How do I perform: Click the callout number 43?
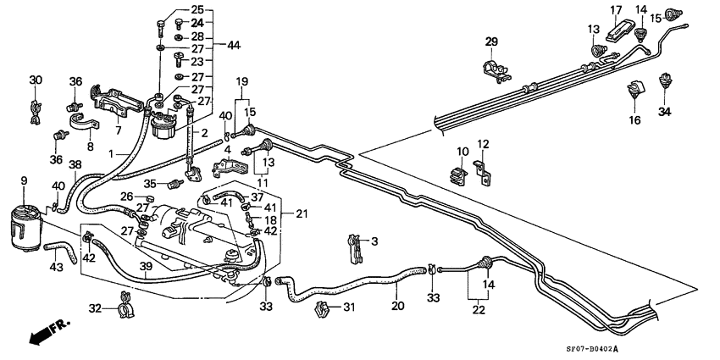pos(57,269)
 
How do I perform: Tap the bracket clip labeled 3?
pos(356,246)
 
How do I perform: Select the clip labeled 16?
pos(634,89)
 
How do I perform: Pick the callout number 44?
pos(232,43)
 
